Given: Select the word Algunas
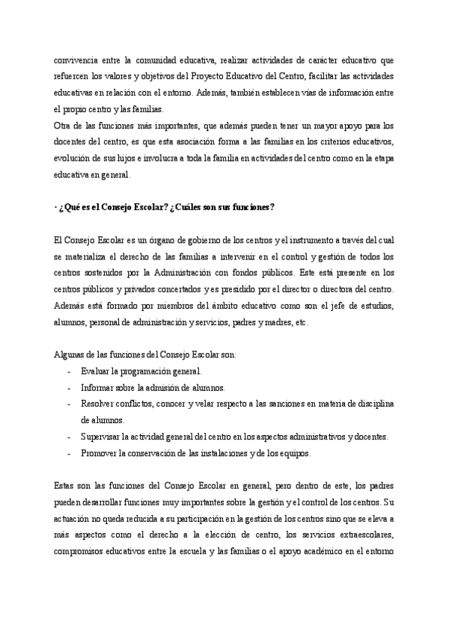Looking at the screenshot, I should tap(72, 354).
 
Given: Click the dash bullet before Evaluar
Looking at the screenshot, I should tap(70, 371).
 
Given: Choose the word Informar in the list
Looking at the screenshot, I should tap(99, 388).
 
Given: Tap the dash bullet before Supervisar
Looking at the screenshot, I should tap(70, 437).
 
